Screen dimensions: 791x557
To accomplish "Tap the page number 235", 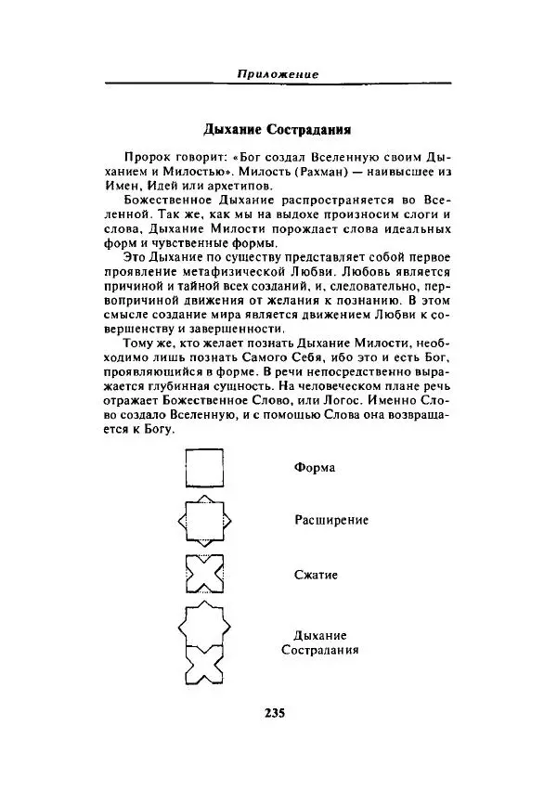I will pyautogui.click(x=274, y=713).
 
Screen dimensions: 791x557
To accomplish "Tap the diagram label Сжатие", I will pyautogui.click(x=316, y=575).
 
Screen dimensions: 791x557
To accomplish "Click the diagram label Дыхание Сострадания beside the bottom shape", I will pyautogui.click(x=319, y=642).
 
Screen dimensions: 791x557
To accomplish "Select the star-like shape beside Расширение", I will pyautogui.click(x=204, y=521).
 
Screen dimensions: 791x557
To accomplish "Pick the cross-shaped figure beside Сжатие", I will pyautogui.click(x=204, y=575).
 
